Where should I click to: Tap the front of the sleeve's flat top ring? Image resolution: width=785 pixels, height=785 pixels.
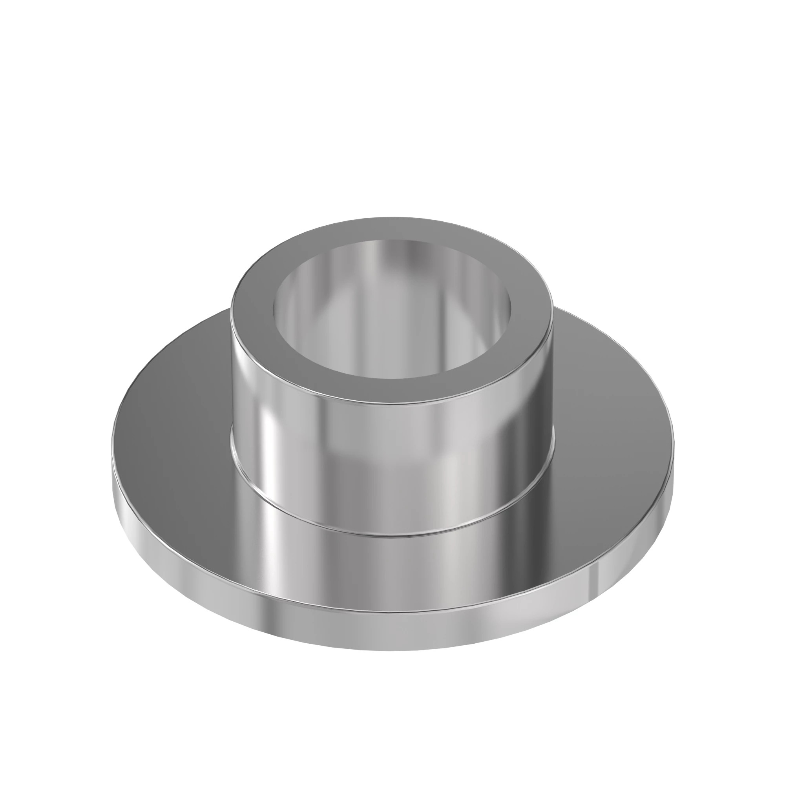click(392, 390)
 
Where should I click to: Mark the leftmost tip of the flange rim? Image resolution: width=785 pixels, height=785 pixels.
click(113, 467)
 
